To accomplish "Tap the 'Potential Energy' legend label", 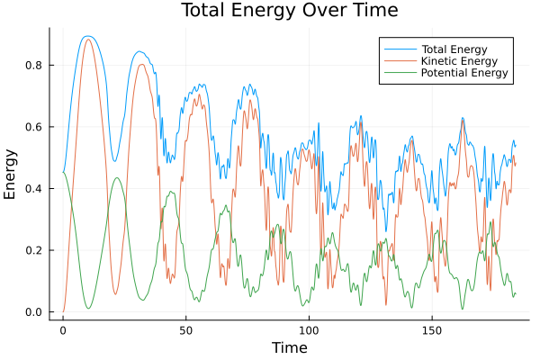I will coord(462,74).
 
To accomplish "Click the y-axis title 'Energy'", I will coord(11,173).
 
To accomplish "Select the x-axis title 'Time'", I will coord(289,347).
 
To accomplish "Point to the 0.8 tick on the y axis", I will coord(38,65).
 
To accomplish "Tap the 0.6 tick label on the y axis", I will coord(38,127).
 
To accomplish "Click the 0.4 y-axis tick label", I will coord(38,188).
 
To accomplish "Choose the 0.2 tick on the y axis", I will coord(38,250).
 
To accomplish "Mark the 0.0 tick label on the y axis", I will coord(38,312).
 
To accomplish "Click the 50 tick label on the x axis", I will coord(186,329).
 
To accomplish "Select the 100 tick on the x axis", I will coord(309,329).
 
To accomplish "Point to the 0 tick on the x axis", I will coord(63,329).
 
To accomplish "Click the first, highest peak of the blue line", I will coord(86,36).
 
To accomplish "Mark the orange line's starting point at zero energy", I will coord(63,311).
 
